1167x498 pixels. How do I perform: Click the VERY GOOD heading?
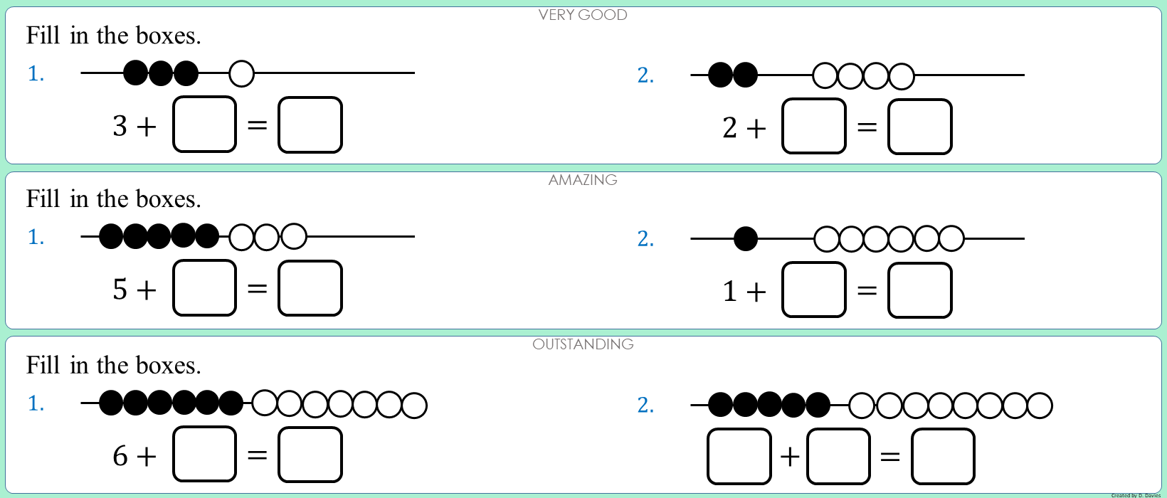pyautogui.click(x=583, y=15)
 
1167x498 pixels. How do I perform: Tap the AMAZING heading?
pyautogui.click(x=583, y=180)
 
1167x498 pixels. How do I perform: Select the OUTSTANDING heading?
pyautogui.click(x=583, y=344)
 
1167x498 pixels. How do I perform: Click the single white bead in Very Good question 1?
pyautogui.click(x=242, y=73)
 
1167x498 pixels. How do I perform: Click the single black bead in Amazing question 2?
pyautogui.click(x=745, y=239)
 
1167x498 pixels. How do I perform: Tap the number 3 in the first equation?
pyautogui.click(x=120, y=127)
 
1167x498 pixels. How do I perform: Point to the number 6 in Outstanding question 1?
pyautogui.click(x=120, y=456)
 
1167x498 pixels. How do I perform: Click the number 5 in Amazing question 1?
pyautogui.click(x=120, y=290)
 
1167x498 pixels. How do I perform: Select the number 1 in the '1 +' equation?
pyautogui.click(x=730, y=292)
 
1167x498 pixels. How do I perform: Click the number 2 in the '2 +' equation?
pyautogui.click(x=730, y=128)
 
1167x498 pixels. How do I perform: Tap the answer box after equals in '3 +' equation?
pyautogui.click(x=310, y=124)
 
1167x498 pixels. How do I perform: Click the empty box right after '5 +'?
pyautogui.click(x=205, y=288)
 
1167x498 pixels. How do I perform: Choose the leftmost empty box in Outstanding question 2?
pyautogui.click(x=739, y=456)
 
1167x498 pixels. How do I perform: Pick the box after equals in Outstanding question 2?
pyautogui.click(x=943, y=456)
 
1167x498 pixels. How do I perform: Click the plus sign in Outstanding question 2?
pyautogui.click(x=790, y=457)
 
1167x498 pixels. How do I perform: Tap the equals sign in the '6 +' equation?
pyautogui.click(x=257, y=455)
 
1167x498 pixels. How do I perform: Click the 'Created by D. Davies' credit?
pyautogui.click(x=1136, y=495)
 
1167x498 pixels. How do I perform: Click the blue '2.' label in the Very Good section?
pyautogui.click(x=645, y=75)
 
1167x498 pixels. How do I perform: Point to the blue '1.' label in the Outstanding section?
pyautogui.click(x=36, y=404)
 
